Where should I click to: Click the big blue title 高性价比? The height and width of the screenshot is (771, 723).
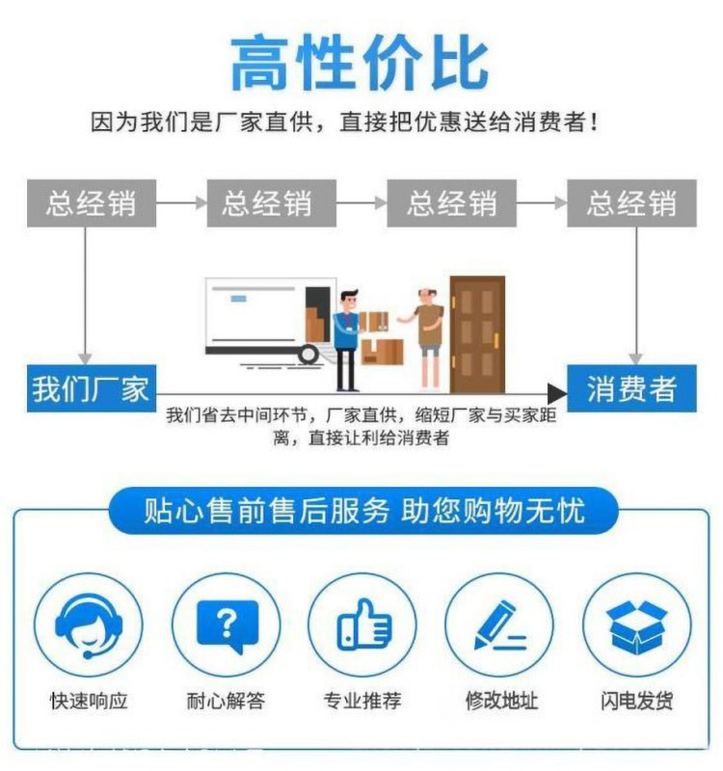click(x=360, y=63)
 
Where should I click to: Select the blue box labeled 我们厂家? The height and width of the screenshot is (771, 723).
click(x=92, y=388)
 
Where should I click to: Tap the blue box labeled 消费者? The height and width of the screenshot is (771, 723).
click(x=631, y=388)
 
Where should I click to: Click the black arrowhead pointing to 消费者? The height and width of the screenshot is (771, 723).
click(x=557, y=394)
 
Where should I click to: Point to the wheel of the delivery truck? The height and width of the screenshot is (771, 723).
click(x=308, y=354)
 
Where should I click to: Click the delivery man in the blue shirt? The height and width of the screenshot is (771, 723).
click(x=349, y=340)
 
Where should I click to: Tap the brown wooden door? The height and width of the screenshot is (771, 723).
click(x=477, y=334)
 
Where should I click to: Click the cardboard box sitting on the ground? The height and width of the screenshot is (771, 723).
click(x=383, y=352)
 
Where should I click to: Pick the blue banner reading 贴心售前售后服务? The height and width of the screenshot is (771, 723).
click(x=363, y=511)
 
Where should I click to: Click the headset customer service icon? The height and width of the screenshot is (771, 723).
click(x=89, y=626)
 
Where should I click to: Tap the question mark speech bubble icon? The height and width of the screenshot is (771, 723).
click(x=228, y=626)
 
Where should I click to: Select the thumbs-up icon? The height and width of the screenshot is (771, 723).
click(x=364, y=625)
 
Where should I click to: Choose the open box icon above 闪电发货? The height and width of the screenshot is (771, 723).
click(x=636, y=627)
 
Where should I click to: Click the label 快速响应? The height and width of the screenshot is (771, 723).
click(x=89, y=701)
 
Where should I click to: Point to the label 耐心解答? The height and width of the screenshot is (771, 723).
click(x=226, y=701)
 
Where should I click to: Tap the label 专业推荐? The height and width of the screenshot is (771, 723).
click(x=362, y=701)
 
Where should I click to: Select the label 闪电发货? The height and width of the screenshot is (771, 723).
click(x=637, y=701)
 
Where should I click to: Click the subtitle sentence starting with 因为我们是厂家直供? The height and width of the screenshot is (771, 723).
click(x=345, y=121)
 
